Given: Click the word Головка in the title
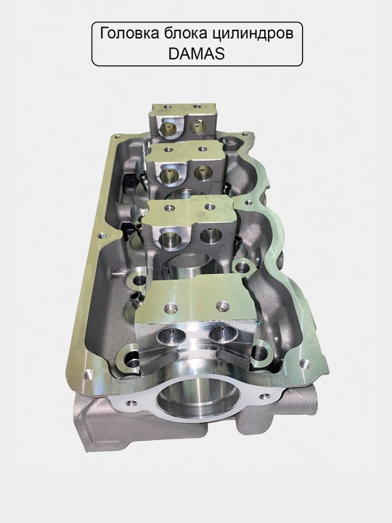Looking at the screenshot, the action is point(129,34).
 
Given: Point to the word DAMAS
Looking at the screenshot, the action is point(196,54).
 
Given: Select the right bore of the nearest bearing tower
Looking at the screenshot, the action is point(221,335).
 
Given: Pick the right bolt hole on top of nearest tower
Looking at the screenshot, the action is point(222,304).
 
